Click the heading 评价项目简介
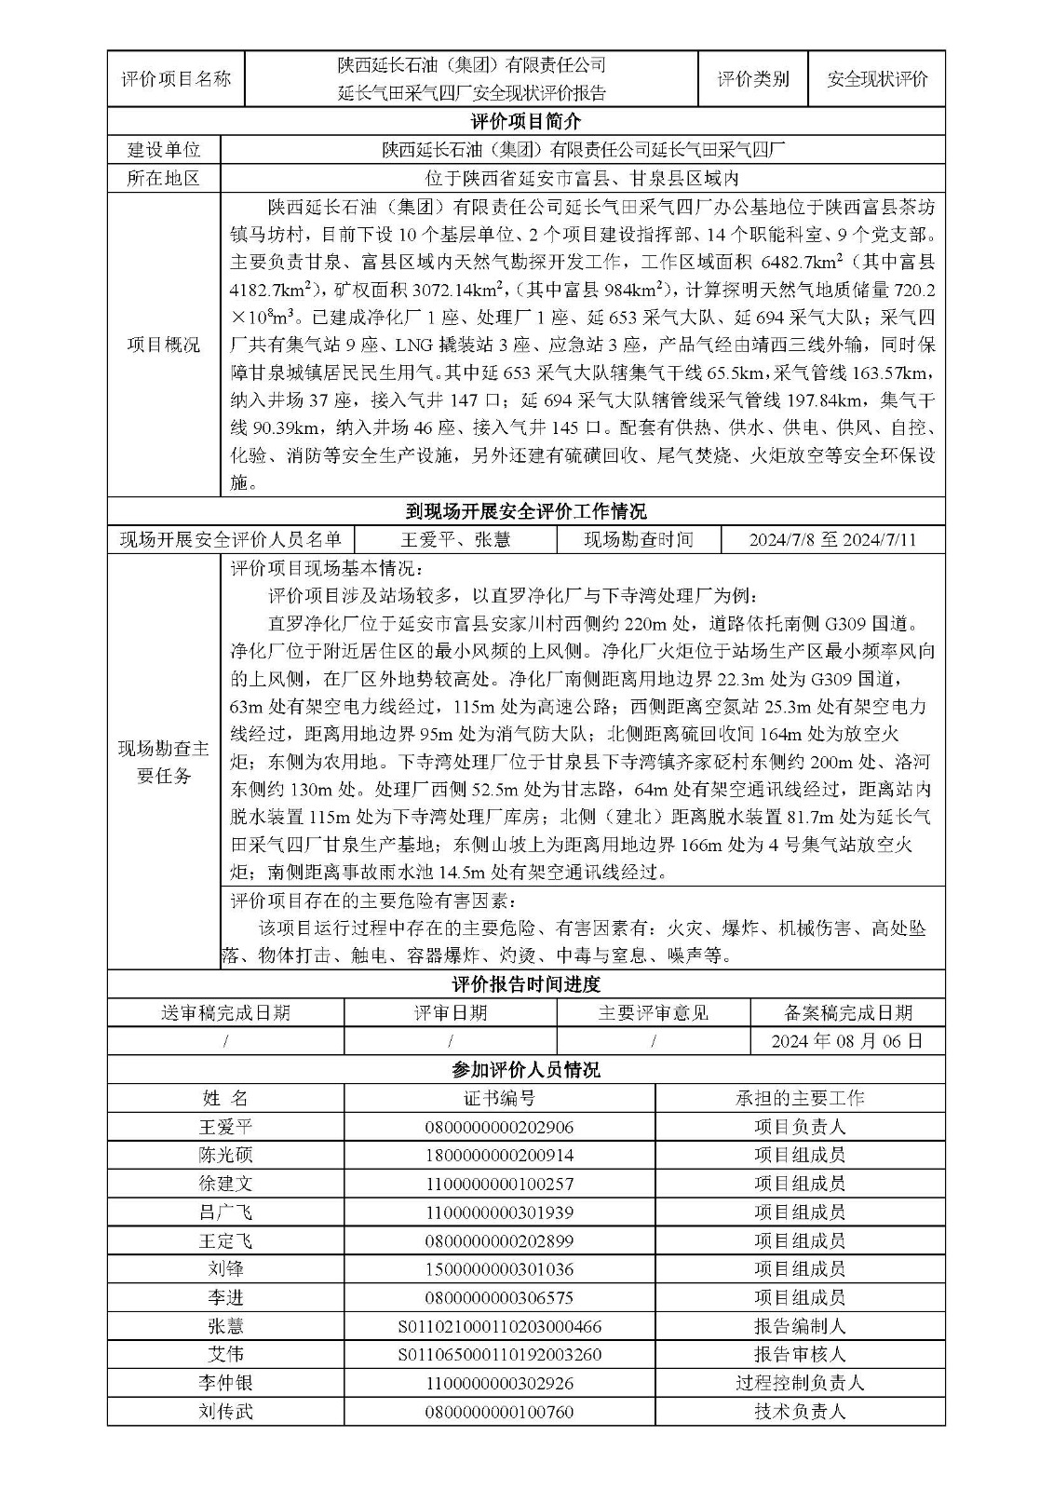pos(525,121)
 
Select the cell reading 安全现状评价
pos(877,79)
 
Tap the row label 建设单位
pos(163,149)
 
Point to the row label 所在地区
pos(163,178)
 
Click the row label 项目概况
pos(163,345)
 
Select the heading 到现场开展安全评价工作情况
pos(525,511)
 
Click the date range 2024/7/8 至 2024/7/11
pos(831,540)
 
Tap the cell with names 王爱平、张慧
pos(455,540)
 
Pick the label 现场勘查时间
pos(638,540)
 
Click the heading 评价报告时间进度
pos(525,984)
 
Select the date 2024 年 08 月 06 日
pos(846,1041)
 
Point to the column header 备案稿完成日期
pos(846,1013)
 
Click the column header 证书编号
pos(499,1098)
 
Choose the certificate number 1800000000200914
pos(499,1156)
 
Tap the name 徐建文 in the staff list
pos(225,1184)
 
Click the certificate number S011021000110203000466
pos(499,1326)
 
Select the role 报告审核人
pos(799,1355)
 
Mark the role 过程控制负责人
pos(799,1383)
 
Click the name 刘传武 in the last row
pos(225,1412)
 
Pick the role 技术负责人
pos(799,1412)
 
